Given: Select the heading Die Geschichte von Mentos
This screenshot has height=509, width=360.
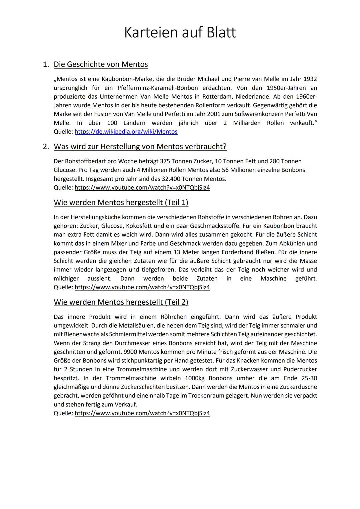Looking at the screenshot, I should click(x=101, y=64).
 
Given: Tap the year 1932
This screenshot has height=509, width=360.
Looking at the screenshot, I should click(x=310, y=79).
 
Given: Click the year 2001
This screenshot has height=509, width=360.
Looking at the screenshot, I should click(x=207, y=114).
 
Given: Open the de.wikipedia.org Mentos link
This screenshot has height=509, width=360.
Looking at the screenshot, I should click(x=126, y=132).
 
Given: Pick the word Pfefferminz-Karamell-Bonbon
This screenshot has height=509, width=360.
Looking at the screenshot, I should click(x=158, y=88).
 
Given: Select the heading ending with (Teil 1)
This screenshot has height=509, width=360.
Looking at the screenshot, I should click(x=121, y=202).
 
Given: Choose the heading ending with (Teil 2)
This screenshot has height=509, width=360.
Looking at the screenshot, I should click(x=121, y=302).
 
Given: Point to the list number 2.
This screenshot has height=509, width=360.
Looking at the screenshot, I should click(x=46, y=147).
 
